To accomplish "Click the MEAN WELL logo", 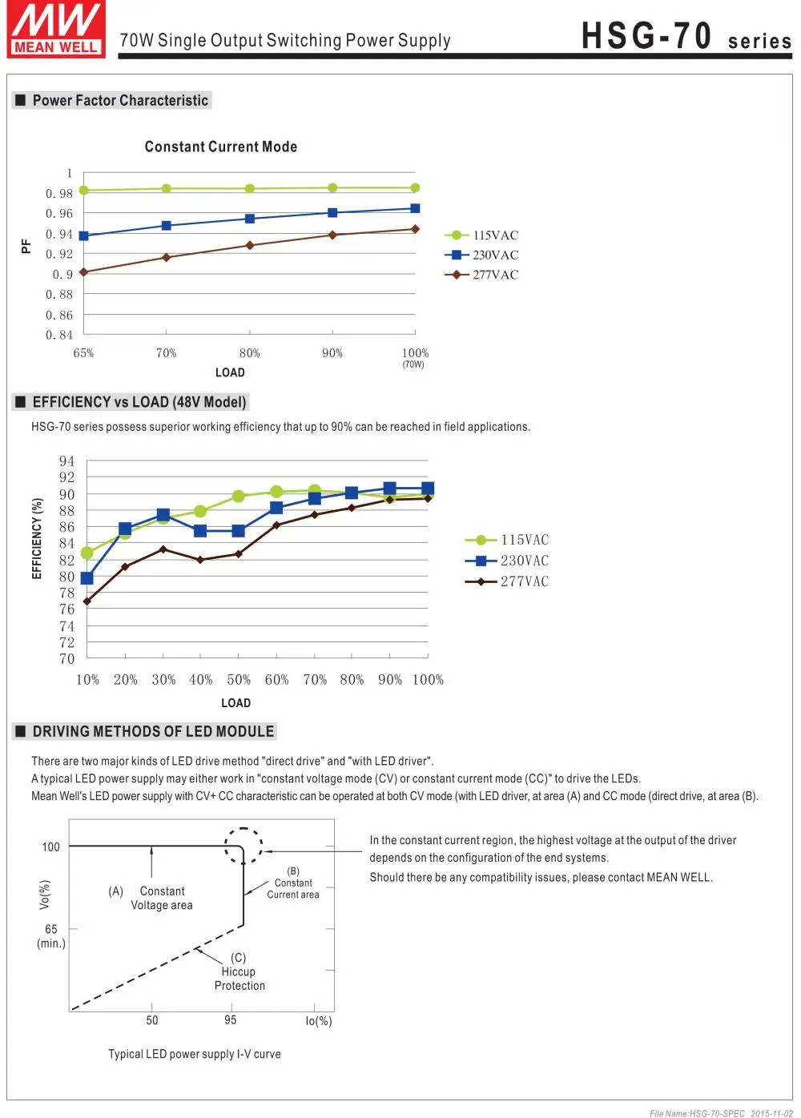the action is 56,29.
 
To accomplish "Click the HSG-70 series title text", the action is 686,36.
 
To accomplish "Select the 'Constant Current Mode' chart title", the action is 220,147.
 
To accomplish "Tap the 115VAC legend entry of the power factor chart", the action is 481,235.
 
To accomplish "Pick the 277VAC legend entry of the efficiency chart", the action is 506,581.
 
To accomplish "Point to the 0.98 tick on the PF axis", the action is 59,193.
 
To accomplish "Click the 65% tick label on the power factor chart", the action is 83,353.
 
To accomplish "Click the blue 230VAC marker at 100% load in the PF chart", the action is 415,209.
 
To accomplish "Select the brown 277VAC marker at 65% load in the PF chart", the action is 83,272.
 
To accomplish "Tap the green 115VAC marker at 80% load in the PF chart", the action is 250,189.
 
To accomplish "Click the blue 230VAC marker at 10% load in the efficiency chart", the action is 87,578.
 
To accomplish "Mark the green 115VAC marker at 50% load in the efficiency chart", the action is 239,496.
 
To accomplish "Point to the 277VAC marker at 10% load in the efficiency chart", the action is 87,601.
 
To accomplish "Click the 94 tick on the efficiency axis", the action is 66,460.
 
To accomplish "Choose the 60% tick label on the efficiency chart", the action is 276,679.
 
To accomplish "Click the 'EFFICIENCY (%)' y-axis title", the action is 36,538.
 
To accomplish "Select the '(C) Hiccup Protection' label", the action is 239,971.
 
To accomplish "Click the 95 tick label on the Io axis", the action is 230,1019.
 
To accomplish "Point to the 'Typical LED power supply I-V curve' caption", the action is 195,1054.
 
